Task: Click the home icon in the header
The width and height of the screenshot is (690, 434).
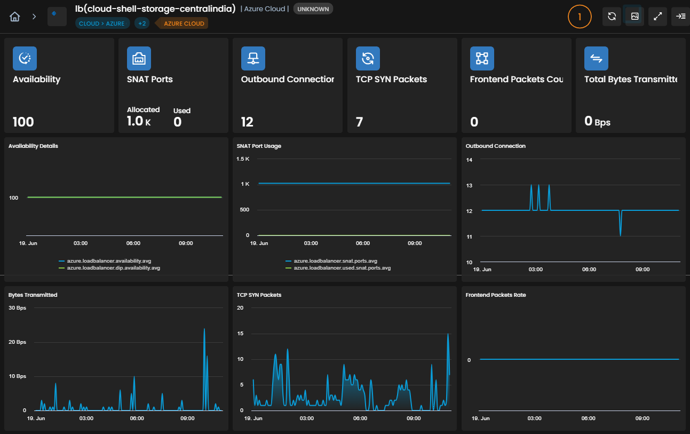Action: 15,17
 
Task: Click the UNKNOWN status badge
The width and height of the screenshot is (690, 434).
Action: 313,9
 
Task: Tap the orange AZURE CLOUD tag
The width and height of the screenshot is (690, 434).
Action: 184,23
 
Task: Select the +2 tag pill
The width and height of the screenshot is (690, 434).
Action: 142,23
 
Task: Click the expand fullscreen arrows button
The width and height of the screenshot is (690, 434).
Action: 657,17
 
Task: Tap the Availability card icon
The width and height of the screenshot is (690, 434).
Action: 25,58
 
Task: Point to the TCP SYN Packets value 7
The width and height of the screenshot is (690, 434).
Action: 359,122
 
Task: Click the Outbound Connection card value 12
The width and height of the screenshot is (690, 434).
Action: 247,122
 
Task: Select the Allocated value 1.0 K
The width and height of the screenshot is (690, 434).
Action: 139,121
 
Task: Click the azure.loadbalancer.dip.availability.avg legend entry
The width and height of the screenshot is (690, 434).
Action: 109,268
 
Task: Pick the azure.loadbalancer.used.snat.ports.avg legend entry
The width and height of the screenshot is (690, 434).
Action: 338,268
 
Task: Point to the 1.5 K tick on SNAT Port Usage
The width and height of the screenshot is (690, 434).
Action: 243,159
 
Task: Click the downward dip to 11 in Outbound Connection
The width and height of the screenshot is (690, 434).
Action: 621,235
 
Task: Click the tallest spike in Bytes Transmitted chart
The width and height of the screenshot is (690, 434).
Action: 204,329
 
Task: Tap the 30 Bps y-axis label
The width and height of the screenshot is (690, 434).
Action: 17,308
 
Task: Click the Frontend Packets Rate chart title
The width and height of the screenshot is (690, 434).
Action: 496,295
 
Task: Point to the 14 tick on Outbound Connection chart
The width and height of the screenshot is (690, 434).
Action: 469,160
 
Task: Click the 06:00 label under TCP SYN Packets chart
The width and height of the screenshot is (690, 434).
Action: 360,419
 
